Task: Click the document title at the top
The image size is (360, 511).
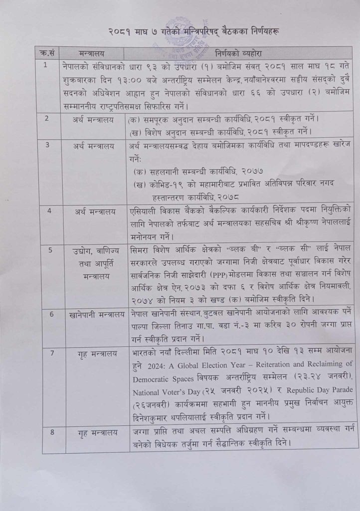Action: (x=180, y=31)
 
